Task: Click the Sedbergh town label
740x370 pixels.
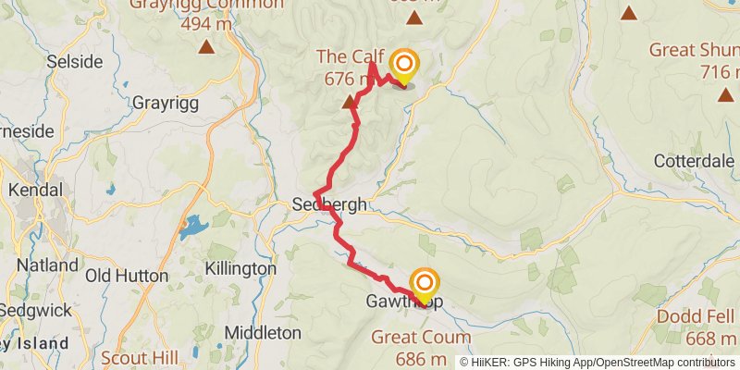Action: click(329, 204)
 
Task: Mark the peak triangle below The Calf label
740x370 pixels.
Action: click(350, 101)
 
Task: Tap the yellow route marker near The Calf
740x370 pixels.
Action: click(404, 65)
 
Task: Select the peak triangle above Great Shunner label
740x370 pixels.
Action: click(630, 13)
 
